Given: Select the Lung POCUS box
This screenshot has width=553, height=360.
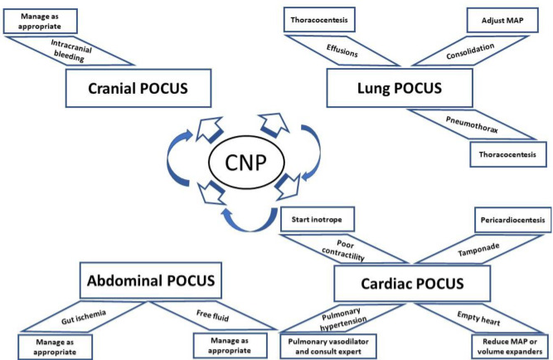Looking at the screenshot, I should (384, 88).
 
